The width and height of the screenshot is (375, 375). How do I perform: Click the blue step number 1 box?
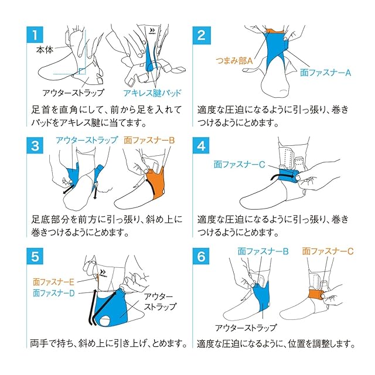[35, 35]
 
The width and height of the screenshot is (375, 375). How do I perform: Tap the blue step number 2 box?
[202, 35]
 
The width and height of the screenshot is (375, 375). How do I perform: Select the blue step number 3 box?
[35, 145]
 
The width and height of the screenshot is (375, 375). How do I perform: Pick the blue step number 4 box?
[201, 145]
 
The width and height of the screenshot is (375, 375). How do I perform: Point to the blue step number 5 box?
[35, 256]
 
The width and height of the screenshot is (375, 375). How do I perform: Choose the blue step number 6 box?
[201, 256]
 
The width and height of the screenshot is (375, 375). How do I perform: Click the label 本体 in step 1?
[45, 49]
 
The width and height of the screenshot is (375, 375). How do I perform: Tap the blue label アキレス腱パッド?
[152, 93]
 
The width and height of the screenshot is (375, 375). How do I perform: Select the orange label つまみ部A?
[234, 61]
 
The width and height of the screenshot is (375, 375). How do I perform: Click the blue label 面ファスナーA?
[326, 73]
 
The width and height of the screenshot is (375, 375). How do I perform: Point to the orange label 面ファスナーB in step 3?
[149, 140]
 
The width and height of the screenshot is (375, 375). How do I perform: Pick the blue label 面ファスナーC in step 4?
[240, 164]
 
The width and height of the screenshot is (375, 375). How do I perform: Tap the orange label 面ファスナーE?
[53, 282]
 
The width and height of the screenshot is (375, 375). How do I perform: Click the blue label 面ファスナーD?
[54, 293]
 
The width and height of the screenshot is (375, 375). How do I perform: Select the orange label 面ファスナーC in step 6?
[328, 251]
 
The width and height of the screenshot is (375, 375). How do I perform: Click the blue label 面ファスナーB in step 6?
[263, 251]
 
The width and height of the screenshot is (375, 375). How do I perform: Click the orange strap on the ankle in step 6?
[316, 295]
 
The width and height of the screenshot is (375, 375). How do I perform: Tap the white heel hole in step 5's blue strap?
[105, 321]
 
